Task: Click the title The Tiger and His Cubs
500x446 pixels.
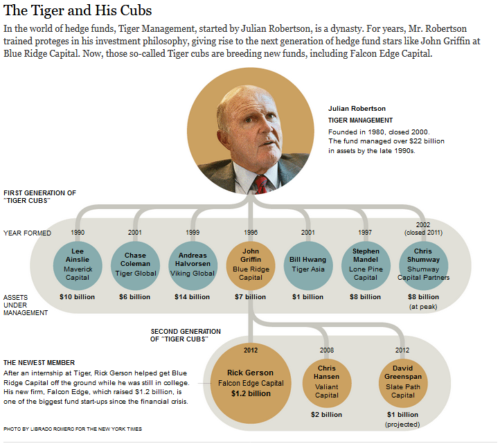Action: tap(78, 11)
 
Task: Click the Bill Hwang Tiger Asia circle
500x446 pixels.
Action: tap(307, 264)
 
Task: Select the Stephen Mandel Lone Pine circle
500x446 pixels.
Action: tap(366, 264)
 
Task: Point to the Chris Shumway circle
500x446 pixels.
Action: tap(423, 264)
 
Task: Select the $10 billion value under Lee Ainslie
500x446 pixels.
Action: tap(77, 297)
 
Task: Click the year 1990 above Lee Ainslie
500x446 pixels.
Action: tap(78, 233)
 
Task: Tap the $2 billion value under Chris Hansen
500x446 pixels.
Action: tap(326, 415)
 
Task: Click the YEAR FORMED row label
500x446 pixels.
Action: tap(27, 233)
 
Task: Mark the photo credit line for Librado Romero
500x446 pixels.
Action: tap(73, 429)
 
